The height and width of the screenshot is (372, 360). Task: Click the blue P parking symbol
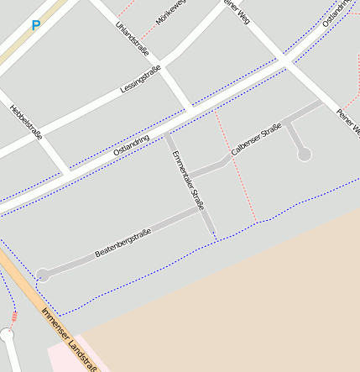click(35, 26)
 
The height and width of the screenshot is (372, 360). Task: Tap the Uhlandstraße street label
click(133, 38)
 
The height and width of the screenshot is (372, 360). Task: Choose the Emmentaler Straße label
click(189, 181)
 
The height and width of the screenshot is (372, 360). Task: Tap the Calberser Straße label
click(255, 139)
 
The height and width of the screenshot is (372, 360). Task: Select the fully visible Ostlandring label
click(131, 145)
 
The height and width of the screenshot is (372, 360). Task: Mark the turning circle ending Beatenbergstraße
click(43, 275)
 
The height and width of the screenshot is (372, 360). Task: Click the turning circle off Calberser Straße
click(305, 155)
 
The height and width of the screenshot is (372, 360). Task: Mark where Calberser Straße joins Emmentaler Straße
click(189, 174)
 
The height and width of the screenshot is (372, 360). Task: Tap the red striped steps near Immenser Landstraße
click(14, 317)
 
